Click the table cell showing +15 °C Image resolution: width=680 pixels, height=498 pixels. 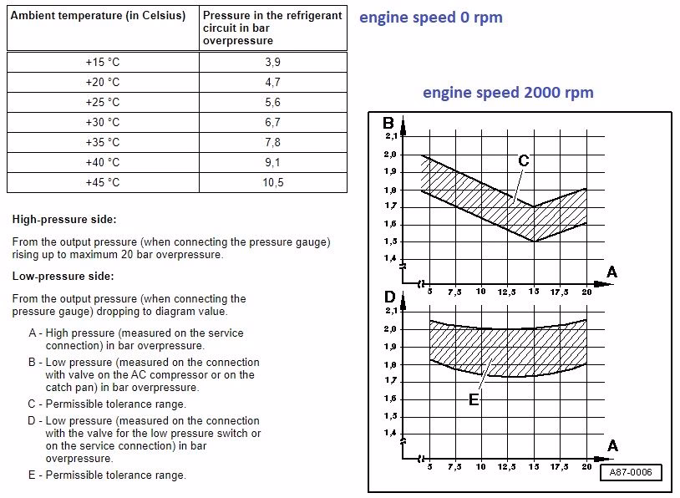[x=103, y=63]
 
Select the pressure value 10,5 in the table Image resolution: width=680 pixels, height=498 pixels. [x=272, y=183]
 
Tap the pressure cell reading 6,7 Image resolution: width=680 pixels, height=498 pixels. [x=272, y=123]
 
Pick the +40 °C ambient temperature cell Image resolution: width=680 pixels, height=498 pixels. [x=103, y=163]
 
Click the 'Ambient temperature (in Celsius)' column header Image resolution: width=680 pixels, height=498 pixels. [x=98, y=16]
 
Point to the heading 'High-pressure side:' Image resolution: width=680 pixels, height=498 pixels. [x=64, y=220]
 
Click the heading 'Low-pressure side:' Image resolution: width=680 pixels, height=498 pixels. [x=63, y=276]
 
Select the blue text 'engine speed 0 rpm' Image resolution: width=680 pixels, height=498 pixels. [x=431, y=18]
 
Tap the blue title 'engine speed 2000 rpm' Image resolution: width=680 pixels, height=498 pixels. [x=508, y=92]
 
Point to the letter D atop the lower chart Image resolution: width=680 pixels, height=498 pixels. [x=389, y=297]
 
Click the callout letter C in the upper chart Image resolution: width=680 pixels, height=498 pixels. [x=523, y=160]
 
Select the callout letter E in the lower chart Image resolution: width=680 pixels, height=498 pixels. [x=474, y=399]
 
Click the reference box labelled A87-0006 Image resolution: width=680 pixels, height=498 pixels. [x=631, y=473]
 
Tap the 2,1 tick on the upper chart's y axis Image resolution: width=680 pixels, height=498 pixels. [x=390, y=136]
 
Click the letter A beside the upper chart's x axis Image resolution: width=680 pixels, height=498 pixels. [x=611, y=272]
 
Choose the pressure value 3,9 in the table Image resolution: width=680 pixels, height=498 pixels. [x=272, y=63]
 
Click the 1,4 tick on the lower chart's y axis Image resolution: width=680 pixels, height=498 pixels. [x=390, y=433]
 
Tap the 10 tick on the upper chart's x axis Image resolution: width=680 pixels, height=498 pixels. [x=480, y=292]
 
